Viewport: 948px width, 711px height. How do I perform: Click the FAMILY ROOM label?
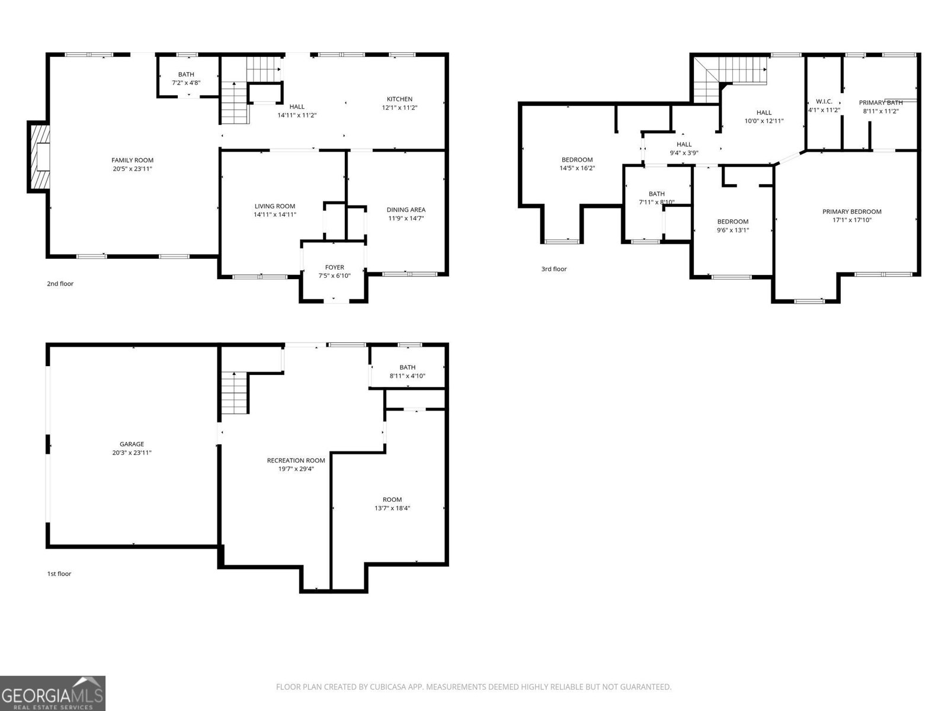coord(132,160)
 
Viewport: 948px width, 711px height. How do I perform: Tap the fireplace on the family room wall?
coord(40,157)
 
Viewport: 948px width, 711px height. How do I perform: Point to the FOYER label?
coord(334,267)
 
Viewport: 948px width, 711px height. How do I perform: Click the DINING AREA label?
coord(406,210)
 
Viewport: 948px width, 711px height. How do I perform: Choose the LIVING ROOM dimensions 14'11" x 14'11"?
coord(275,214)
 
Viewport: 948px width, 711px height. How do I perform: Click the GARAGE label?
coord(132,444)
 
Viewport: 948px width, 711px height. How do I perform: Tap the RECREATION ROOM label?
coord(296,460)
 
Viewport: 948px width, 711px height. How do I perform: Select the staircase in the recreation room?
coord(235,393)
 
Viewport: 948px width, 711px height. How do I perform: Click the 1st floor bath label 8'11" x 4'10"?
coord(407,376)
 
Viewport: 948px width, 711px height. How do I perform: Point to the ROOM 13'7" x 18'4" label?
coord(392,499)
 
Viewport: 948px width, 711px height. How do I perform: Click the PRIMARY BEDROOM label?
coord(851,212)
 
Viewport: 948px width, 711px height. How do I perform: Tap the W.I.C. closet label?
coord(824,102)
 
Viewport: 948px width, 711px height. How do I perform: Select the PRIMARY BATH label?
coord(880,103)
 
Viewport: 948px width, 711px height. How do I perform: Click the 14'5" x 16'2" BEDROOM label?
coord(577,159)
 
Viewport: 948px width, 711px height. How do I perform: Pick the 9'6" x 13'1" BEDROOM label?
coord(733,222)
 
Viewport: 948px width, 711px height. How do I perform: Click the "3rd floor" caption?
coord(553,269)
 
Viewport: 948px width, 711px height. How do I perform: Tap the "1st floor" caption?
coord(59,574)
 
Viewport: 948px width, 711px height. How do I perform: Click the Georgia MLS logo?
coord(52,693)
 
